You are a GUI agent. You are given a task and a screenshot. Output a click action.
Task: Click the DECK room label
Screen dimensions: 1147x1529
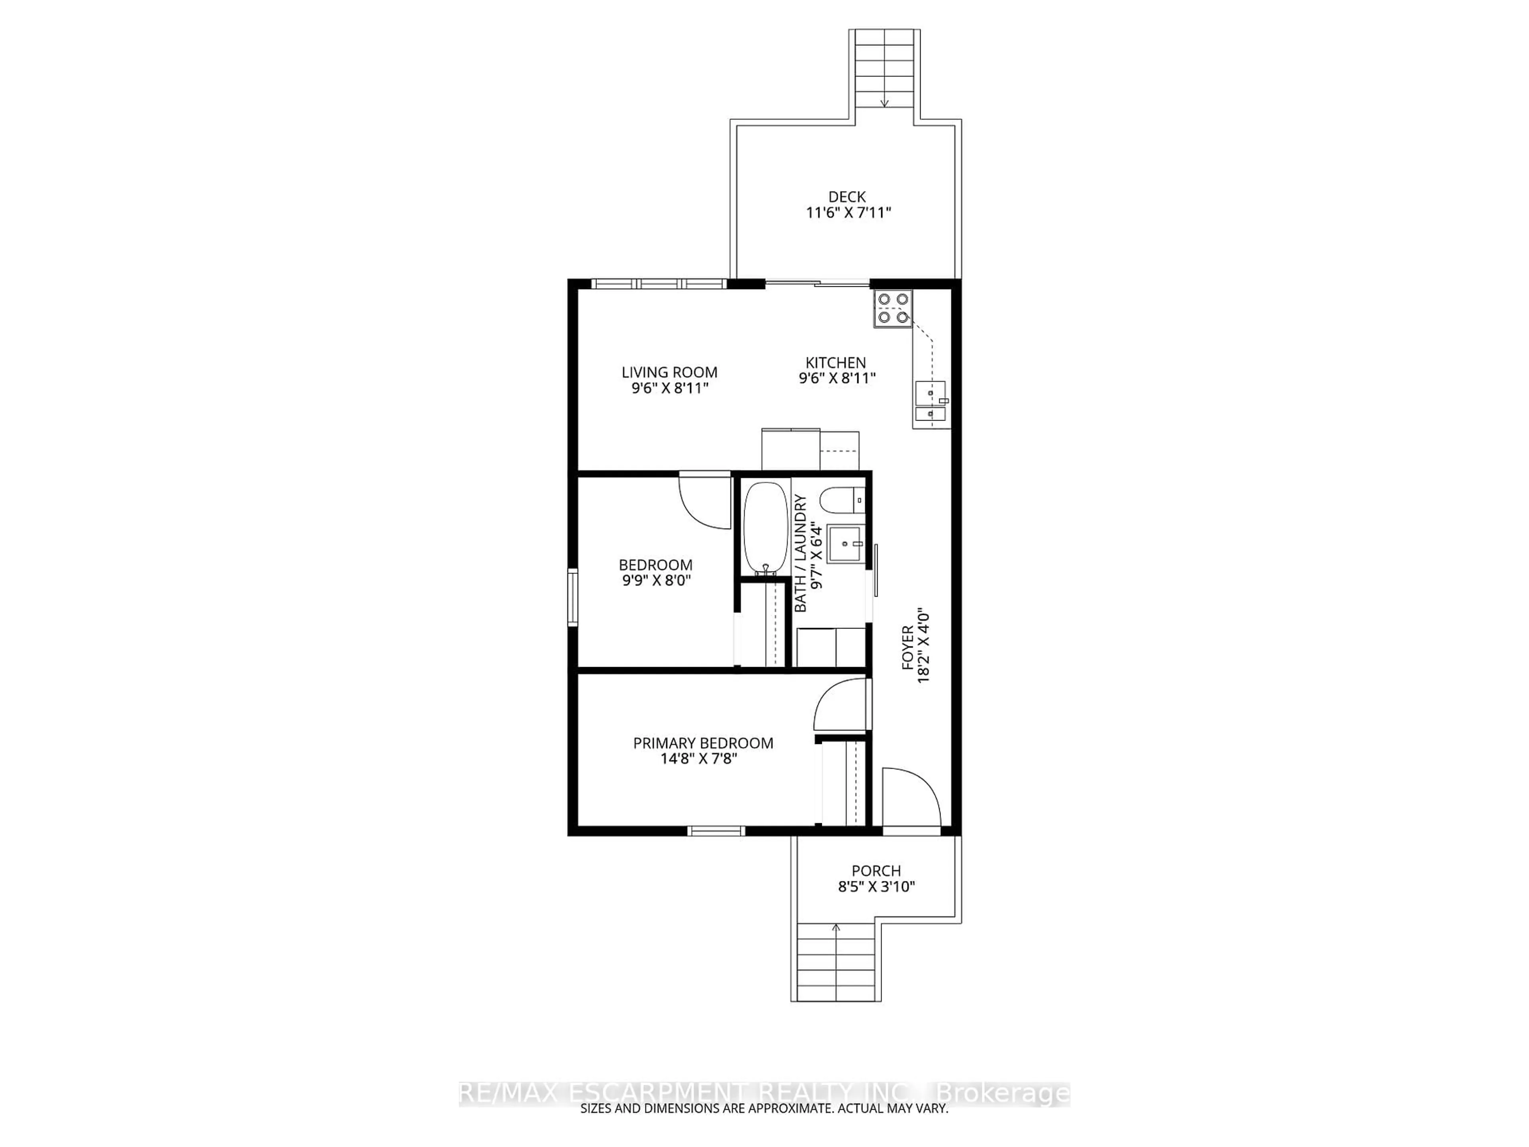[847, 197]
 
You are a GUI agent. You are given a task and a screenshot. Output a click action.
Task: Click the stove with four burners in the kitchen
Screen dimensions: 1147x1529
[892, 308]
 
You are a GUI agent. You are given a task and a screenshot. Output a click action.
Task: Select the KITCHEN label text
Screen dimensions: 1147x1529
[835, 363]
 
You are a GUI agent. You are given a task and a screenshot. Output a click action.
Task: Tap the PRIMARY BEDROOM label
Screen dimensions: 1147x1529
[703, 743]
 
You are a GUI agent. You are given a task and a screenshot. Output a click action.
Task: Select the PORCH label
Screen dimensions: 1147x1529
[876, 871]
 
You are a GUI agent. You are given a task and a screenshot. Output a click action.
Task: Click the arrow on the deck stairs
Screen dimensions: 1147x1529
[884, 102]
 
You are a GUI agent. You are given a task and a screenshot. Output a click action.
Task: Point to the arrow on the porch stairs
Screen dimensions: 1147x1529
[836, 928]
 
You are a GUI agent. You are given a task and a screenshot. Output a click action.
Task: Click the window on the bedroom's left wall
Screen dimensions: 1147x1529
[572, 597]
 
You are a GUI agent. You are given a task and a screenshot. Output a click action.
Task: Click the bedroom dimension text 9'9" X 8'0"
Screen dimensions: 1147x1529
[656, 581]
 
